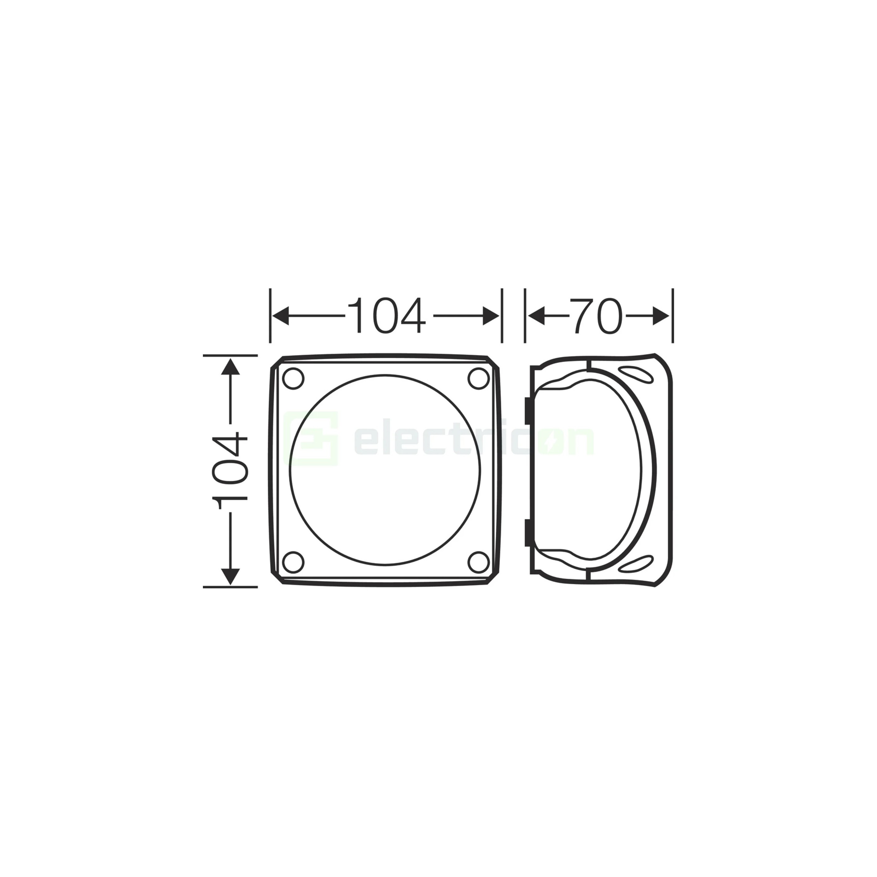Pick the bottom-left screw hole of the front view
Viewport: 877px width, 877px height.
click(293, 562)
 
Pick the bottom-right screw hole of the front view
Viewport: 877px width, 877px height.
click(478, 562)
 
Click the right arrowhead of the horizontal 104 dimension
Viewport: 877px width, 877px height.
click(491, 316)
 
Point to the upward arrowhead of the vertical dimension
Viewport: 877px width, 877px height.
click(231, 366)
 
